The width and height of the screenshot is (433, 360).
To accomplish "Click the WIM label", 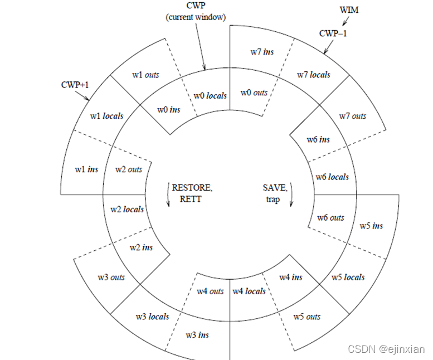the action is click(x=349, y=10).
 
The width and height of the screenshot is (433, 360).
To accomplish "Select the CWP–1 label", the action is click(x=333, y=33).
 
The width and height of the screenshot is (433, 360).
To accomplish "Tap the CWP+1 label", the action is click(x=75, y=85).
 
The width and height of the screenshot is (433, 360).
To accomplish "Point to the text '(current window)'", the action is click(x=196, y=17).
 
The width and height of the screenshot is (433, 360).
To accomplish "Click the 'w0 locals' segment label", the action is click(x=210, y=95).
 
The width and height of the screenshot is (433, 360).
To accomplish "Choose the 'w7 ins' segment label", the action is click(x=262, y=52).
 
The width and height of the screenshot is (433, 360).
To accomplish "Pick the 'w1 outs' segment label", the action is click(x=145, y=75).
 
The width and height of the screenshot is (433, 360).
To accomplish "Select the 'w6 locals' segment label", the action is click(x=332, y=177).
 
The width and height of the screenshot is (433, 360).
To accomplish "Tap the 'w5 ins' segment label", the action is click(x=371, y=226).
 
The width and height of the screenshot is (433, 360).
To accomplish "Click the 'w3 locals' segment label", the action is click(x=152, y=317).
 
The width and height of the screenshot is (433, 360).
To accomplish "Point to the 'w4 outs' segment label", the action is click(x=210, y=291).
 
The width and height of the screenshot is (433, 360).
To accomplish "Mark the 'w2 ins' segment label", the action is click(x=141, y=247).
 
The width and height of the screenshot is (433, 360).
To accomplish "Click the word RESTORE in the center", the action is click(x=192, y=188).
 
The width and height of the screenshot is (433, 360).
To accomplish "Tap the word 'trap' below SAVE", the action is click(x=273, y=200).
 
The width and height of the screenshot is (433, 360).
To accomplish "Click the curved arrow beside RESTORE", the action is click(x=167, y=194).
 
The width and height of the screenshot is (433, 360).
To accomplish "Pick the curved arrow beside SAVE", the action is click(x=291, y=194).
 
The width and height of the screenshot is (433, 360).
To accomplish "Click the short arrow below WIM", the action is click(x=346, y=21).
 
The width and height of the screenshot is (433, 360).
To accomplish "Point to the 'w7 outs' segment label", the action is click(x=353, y=116).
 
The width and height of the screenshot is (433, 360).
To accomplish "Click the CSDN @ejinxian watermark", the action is click(x=386, y=349).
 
